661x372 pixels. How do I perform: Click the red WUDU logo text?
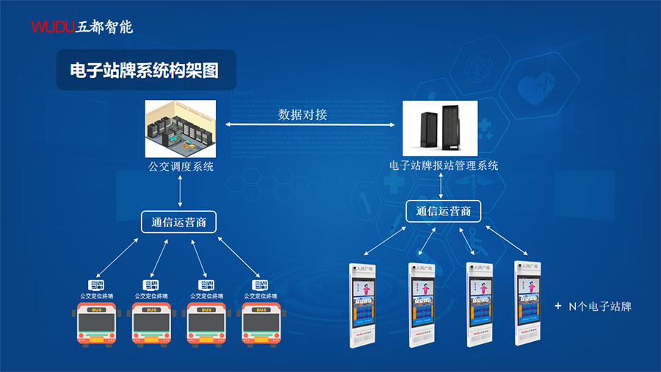(52, 27)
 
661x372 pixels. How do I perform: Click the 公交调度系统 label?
(181, 166)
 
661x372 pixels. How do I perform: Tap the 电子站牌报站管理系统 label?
(444, 166)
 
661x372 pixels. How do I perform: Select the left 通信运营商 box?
(179, 222)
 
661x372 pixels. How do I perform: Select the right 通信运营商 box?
(443, 212)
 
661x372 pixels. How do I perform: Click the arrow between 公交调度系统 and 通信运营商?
(181, 193)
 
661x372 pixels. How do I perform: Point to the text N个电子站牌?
(600, 306)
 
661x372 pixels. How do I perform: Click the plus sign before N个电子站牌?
(558, 305)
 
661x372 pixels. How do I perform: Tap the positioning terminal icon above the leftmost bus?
(96, 285)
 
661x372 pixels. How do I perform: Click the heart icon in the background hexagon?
(535, 88)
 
